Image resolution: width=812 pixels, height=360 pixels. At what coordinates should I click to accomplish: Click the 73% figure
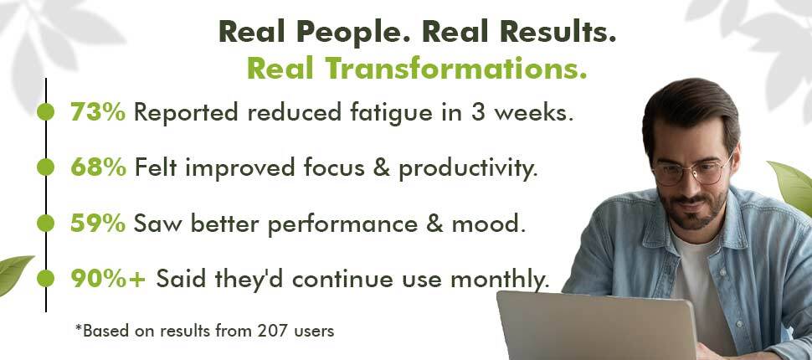[x=98, y=112]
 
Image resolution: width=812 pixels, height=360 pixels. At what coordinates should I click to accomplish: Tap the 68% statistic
[x=99, y=167]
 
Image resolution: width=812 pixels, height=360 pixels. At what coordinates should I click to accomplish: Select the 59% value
[x=98, y=224]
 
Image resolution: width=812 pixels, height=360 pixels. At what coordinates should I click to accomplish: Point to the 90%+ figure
[x=108, y=279]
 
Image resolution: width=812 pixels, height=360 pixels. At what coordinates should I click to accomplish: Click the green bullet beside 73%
[x=45, y=112]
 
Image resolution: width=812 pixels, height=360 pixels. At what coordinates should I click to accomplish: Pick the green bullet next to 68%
[x=45, y=167]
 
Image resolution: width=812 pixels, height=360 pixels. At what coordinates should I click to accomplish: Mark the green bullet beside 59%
[x=45, y=224]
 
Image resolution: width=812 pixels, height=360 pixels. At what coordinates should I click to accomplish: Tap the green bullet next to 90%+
[x=45, y=279]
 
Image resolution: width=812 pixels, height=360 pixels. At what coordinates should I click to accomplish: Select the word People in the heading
[x=354, y=32]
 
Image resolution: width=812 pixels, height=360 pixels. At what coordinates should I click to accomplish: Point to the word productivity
[x=465, y=169]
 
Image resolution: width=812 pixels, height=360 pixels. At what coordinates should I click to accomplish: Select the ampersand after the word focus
[x=381, y=167]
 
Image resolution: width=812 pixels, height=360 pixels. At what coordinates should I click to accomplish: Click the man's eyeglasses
[x=689, y=172]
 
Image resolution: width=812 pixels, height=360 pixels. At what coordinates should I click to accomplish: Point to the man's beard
[x=691, y=207]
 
